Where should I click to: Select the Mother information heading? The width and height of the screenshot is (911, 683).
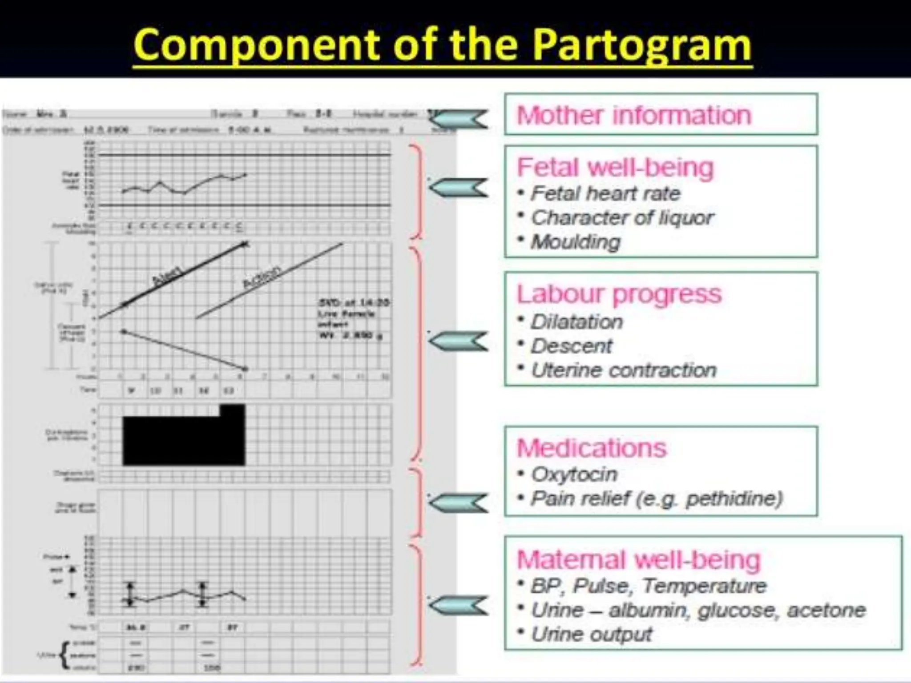point(634,115)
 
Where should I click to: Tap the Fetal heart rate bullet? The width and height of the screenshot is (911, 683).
point(605,193)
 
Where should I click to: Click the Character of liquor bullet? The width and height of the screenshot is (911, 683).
point(622,218)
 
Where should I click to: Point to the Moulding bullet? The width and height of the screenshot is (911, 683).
point(576,242)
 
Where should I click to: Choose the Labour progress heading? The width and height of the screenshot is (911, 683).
point(619,294)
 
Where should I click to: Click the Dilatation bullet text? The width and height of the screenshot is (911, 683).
point(576,322)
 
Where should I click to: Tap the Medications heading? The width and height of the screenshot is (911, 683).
point(592,448)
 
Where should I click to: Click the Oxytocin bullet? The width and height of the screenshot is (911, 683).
point(574,474)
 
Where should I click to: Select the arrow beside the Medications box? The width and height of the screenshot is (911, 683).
point(458,503)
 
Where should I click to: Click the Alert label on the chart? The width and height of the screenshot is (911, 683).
point(167,276)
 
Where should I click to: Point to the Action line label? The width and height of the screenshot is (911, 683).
point(262,278)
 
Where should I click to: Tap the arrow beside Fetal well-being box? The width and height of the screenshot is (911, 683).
point(458,188)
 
